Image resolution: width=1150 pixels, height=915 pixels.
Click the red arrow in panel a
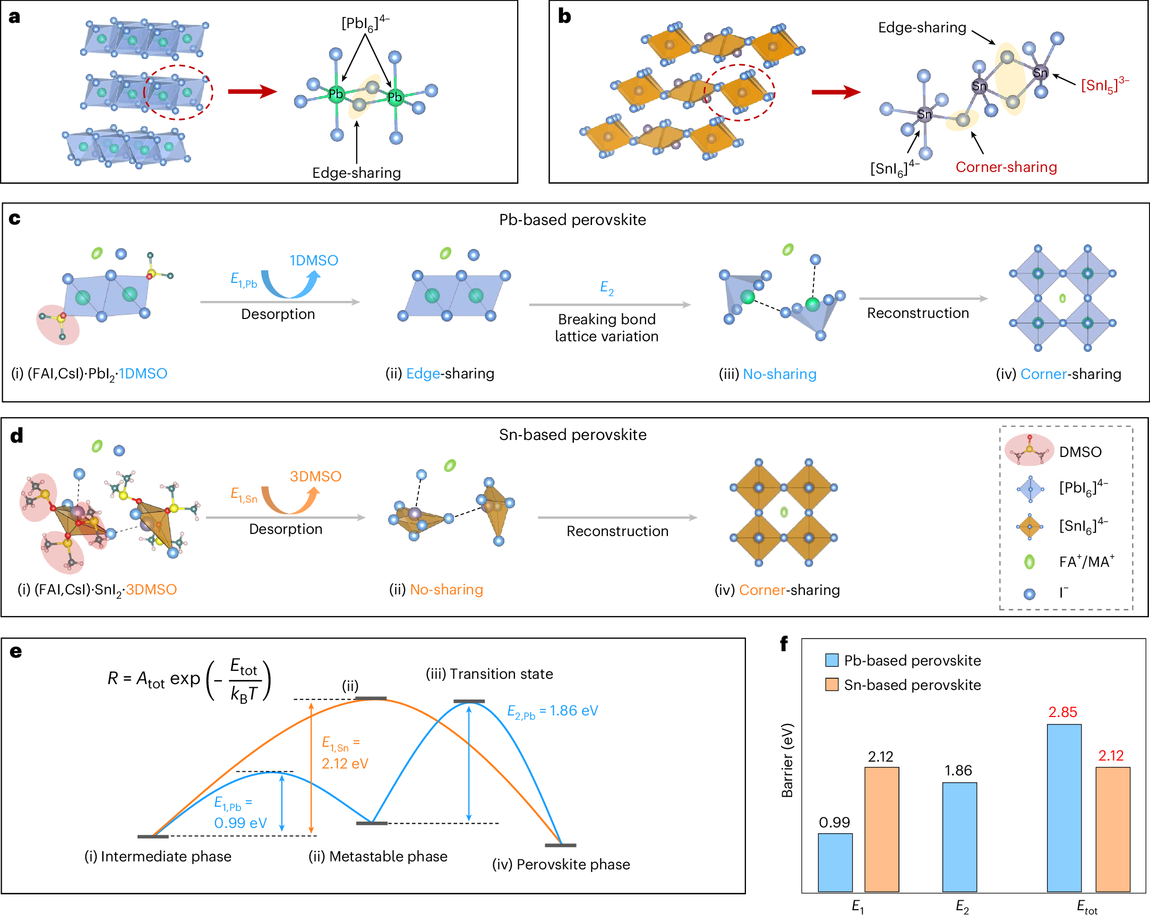(252, 91)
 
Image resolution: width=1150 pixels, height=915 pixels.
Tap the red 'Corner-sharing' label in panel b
(1006, 167)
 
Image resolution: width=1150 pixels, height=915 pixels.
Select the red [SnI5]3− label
(1104, 84)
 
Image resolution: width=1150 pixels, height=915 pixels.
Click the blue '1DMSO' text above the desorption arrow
(314, 260)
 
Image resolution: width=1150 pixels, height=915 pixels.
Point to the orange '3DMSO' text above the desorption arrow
(315, 476)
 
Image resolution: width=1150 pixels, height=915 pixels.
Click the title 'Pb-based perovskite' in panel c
(572, 220)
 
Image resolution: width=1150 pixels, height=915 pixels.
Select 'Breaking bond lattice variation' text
(606, 327)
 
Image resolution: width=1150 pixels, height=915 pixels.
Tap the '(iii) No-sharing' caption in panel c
(768, 374)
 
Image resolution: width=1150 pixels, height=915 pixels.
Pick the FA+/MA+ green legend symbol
(1029, 562)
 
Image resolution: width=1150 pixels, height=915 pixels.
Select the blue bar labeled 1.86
(959, 836)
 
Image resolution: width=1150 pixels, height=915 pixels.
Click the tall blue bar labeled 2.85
(1063, 807)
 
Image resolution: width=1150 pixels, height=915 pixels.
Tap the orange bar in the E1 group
(881, 829)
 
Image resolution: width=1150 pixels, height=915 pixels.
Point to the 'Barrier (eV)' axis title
(787, 760)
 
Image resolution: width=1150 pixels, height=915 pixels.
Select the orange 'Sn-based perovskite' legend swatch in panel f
(831, 685)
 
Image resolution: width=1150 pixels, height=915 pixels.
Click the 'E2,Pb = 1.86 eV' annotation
(552, 711)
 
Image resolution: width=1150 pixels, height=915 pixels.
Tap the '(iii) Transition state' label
(489, 674)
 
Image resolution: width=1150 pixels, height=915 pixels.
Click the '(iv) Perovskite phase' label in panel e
(561, 865)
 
